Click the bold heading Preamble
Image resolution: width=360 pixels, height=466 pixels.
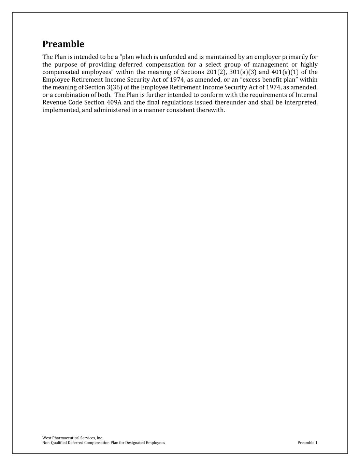coord(63,44)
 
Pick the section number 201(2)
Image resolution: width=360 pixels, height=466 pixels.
coord(216,72)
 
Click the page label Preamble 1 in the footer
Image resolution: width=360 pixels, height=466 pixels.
coord(307,443)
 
